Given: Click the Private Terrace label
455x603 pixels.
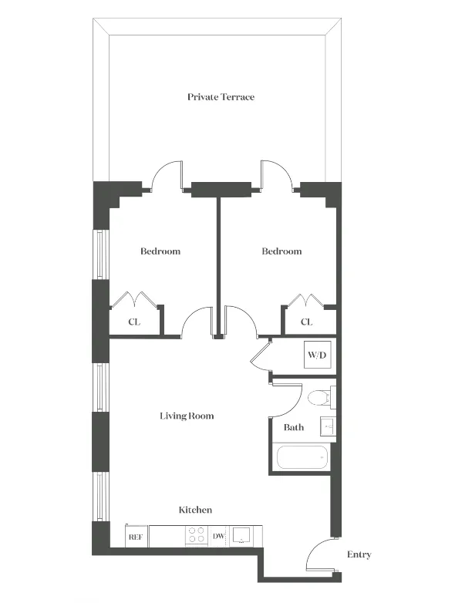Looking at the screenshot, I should [x=221, y=97].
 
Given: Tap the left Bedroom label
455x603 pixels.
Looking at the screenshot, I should [x=160, y=251].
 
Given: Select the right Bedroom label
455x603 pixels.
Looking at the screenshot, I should [x=281, y=251].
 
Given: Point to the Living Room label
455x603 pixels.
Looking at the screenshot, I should [x=187, y=416].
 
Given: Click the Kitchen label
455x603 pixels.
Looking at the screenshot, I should [x=195, y=510].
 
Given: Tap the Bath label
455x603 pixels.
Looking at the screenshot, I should [x=293, y=427].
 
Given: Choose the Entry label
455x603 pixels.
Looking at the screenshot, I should [x=359, y=554].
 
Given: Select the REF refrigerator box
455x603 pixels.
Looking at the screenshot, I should [x=136, y=536].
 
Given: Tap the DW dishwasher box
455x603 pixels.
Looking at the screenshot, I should [x=218, y=536].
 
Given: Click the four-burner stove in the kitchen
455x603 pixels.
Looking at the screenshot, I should [x=197, y=535].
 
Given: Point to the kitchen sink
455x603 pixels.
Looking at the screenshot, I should [x=244, y=535].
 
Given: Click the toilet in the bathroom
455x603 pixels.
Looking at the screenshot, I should [x=318, y=399].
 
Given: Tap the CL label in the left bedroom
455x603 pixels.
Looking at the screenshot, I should [x=134, y=322].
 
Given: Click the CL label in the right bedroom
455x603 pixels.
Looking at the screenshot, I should [x=306, y=322].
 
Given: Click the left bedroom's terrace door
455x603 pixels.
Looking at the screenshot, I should [x=166, y=173].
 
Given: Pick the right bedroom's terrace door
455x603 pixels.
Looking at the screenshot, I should [x=275, y=173].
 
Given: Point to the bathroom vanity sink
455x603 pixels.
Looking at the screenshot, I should [x=327, y=426].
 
